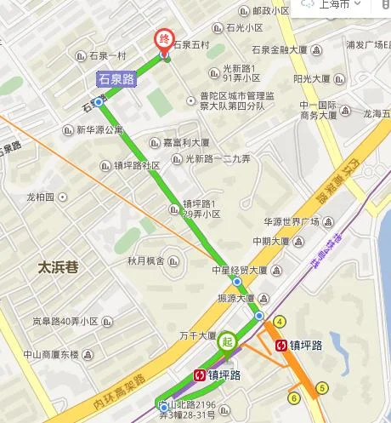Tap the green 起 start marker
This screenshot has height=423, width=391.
(x=227, y=341)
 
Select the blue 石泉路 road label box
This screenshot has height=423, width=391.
(x=116, y=79)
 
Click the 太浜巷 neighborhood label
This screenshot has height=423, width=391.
(x=58, y=266)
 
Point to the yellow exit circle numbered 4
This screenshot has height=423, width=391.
(x=279, y=321)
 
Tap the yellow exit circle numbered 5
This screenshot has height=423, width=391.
(x=321, y=389)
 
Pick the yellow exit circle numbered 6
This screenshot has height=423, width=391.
(x=294, y=397)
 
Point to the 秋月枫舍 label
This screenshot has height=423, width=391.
(x=146, y=260)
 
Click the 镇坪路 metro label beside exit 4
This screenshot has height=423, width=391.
(x=304, y=346)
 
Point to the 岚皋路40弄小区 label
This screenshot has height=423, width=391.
(x=65, y=322)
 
